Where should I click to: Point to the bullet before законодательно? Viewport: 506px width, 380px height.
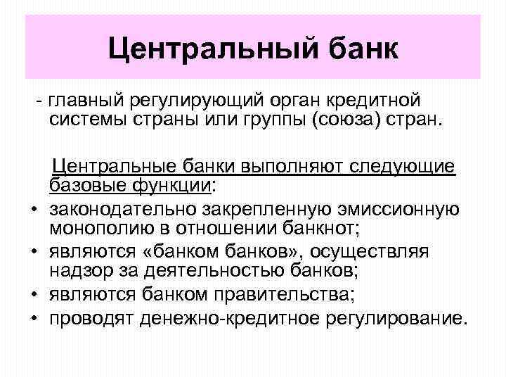(x=33, y=210)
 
